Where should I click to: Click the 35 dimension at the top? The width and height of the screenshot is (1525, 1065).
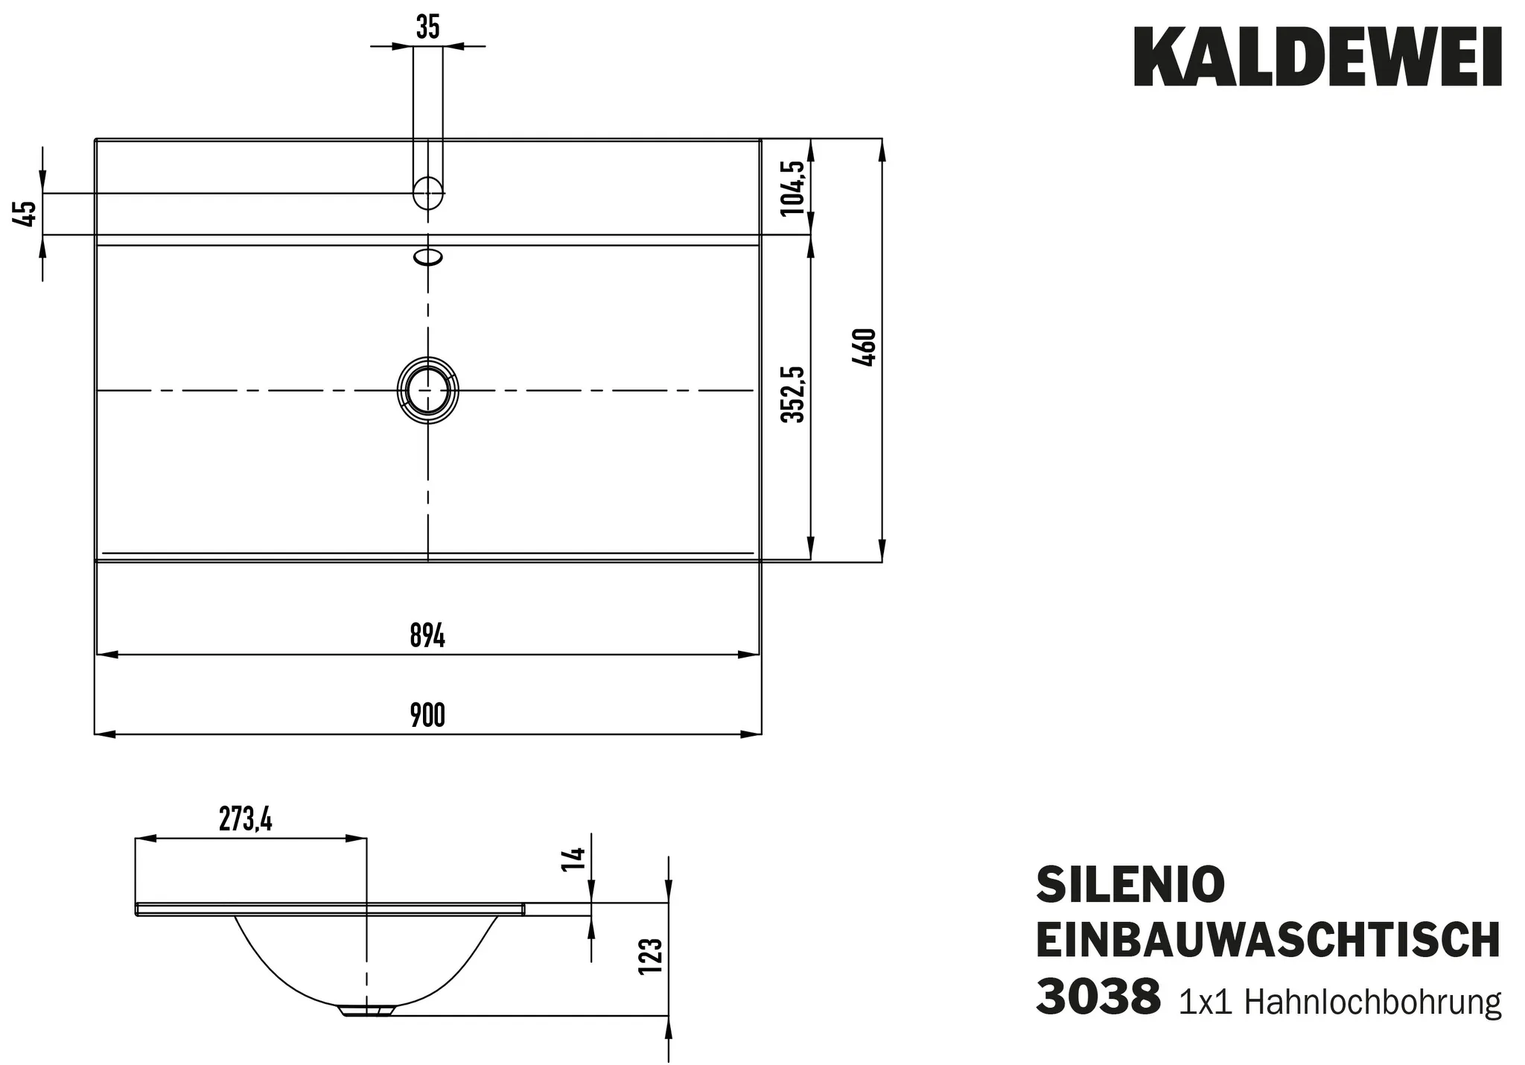pos(427,28)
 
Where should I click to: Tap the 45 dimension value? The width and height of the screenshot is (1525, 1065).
pos(25,214)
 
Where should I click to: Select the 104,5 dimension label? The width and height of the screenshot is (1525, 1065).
pos(794,188)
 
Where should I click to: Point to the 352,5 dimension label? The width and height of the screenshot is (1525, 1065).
pos(794,394)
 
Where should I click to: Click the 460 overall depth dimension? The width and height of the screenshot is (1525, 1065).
pos(867,347)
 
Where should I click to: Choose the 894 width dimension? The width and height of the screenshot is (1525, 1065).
pos(427,637)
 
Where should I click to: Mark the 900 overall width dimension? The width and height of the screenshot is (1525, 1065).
pos(427,716)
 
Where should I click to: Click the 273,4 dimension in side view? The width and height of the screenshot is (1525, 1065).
pos(246,820)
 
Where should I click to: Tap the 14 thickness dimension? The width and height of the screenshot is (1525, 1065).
pos(576,859)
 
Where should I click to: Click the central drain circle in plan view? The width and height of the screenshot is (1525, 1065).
pos(428,390)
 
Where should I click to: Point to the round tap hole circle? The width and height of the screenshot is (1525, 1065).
pos(427,192)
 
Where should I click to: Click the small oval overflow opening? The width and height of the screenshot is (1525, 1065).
pos(428,258)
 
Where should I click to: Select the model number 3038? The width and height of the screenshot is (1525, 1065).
pos(1098,998)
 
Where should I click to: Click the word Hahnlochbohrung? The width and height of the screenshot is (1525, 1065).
pos(1372,1002)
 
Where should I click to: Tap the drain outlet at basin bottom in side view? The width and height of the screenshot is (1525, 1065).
pos(366,1011)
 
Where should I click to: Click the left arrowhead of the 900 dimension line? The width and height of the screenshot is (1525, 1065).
pos(104,734)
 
